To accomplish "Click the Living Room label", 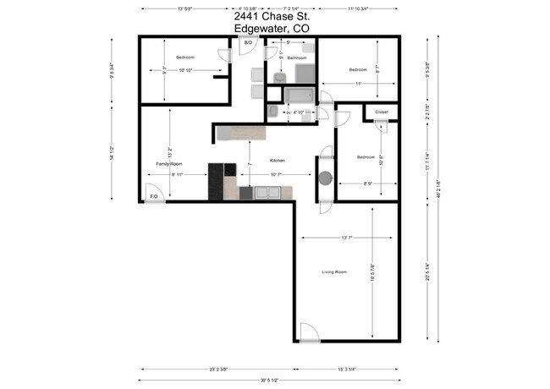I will tap(334, 271).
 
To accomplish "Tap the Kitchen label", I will tap(278, 160).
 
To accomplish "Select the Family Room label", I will tap(169, 163).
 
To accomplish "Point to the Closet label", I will tap(381, 112).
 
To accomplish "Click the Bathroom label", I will tap(296, 58).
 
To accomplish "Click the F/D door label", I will tap(154, 196).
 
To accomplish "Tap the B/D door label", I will tap(248, 42).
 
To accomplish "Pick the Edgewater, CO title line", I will tap(271, 28).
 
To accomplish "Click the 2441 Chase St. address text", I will tap(271, 16).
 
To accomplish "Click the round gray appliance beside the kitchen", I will tap(326, 179).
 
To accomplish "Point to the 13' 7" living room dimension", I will tap(346, 238).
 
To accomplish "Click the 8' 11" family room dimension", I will tap(179, 175).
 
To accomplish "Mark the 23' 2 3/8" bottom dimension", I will tap(217, 370).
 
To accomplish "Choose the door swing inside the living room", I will tap(309, 331).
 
